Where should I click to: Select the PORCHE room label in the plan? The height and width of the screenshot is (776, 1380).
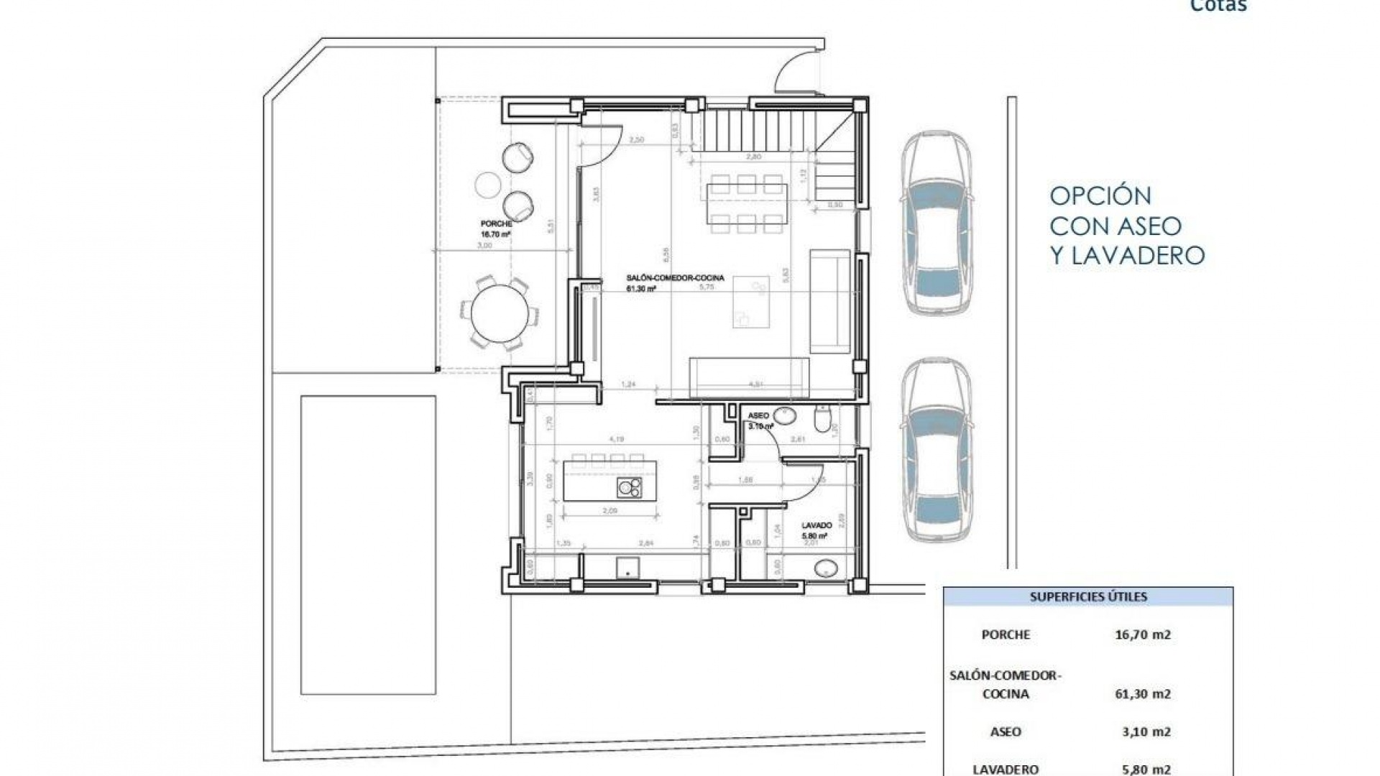click(x=497, y=224)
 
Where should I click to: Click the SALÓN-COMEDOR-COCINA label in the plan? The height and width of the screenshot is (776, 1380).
click(x=675, y=278)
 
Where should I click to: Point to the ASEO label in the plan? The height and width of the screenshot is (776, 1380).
click(x=758, y=416)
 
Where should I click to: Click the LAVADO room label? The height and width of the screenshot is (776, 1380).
click(x=816, y=526)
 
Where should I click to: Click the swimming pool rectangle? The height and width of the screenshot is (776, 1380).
click(x=368, y=544)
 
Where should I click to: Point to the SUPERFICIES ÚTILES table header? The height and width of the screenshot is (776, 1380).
click(x=1087, y=597)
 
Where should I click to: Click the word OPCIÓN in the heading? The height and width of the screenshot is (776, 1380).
click(x=1100, y=196)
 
